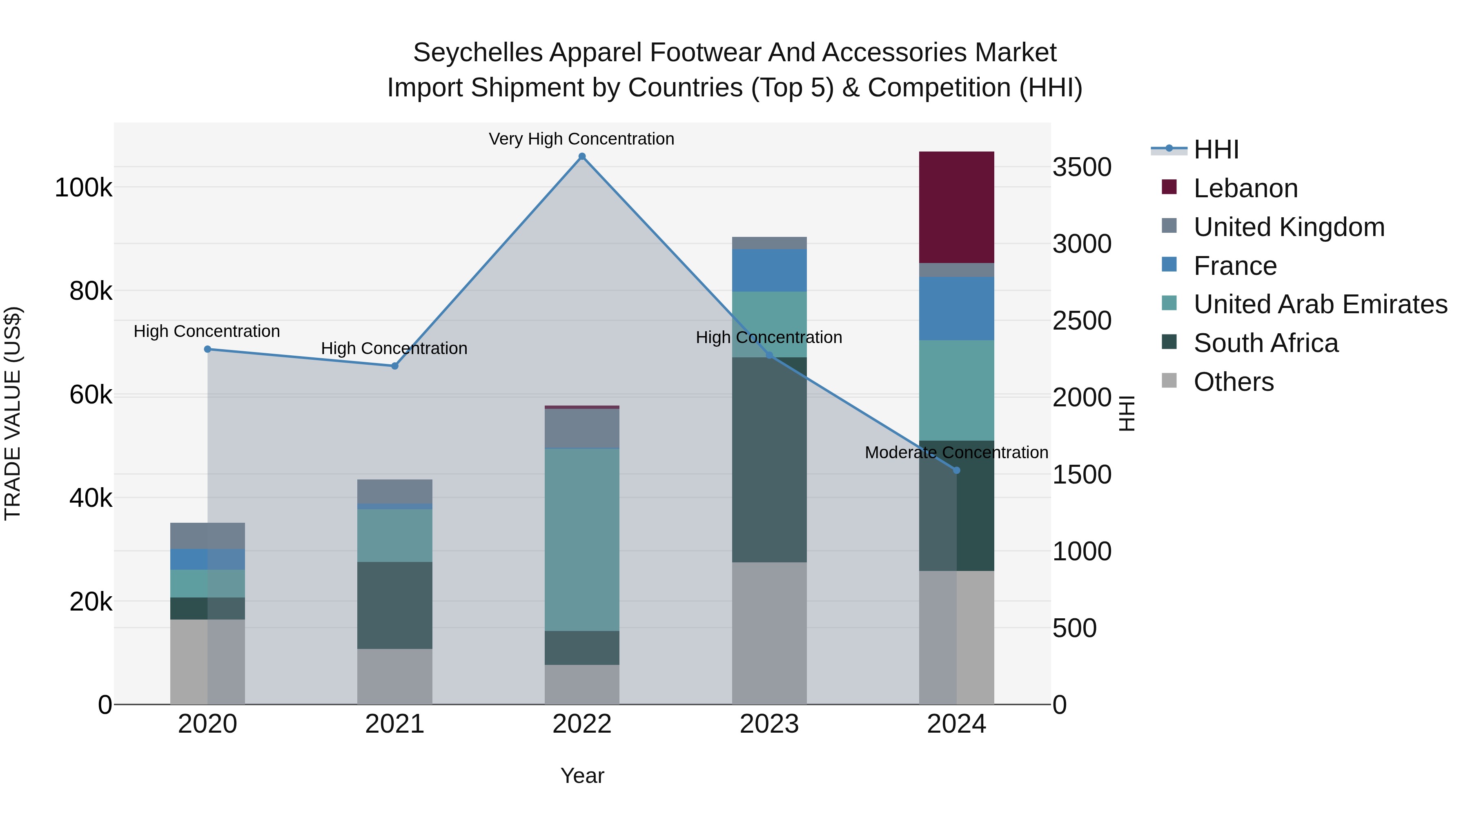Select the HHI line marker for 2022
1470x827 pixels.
pos(582,156)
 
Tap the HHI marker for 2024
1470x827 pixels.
pos(957,470)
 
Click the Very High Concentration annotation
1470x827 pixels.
pos(581,139)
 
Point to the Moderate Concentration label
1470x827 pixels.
pos(956,453)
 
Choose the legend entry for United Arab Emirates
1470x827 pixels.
pos(1320,304)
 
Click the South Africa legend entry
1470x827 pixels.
pos(1266,343)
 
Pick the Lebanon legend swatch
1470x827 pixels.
pos(1169,187)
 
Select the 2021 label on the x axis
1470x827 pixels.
pos(394,724)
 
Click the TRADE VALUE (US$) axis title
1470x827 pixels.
pos(13,413)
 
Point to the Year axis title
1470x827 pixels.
pos(582,776)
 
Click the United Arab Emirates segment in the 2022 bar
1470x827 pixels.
pos(582,539)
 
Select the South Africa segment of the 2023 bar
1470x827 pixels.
pos(769,459)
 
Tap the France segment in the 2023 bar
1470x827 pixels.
pos(769,270)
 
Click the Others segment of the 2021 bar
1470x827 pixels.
pos(394,676)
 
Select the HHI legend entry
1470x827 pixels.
pos(1216,149)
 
